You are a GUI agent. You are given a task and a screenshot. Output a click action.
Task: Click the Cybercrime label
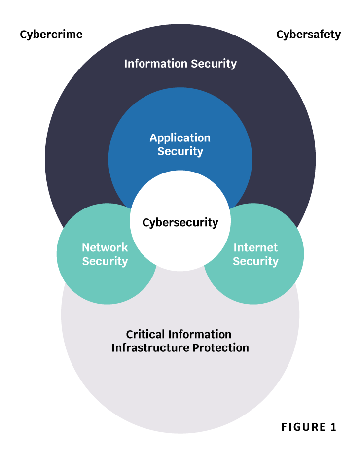point(51,35)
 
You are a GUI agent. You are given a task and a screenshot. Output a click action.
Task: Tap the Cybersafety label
point(308,35)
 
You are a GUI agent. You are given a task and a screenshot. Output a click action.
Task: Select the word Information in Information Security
point(156,64)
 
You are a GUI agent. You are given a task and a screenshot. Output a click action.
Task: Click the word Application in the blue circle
point(180,138)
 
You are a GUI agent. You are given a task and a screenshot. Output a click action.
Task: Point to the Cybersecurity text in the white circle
point(180,223)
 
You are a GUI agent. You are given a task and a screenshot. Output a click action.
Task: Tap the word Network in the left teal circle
point(105,247)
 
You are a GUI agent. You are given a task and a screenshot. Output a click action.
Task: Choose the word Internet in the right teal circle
point(255,247)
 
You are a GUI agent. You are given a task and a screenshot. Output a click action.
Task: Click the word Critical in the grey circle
point(145,334)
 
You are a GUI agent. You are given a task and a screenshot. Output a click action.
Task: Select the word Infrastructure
point(150,348)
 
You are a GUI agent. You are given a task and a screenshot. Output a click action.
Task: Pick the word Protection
point(221,348)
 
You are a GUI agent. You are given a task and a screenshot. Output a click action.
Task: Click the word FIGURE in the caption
point(303,427)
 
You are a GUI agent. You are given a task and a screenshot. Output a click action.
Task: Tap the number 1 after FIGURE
point(333,427)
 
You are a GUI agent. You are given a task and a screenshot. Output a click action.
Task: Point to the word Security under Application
point(180,152)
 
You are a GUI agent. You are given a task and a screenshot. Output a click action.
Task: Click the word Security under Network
point(105,262)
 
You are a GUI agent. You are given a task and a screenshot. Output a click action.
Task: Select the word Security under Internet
point(255,262)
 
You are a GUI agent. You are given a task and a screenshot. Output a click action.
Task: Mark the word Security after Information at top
point(214,64)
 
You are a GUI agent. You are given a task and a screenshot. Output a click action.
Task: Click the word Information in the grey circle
point(200,334)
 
